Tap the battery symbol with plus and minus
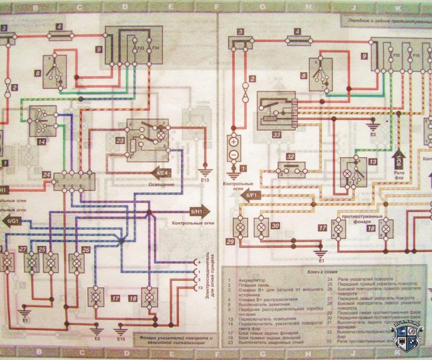pyautogui.click(x=234, y=147)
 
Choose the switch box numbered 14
pyautogui.click(x=41, y=119)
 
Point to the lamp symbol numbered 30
pyautogui.click(x=259, y=227)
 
